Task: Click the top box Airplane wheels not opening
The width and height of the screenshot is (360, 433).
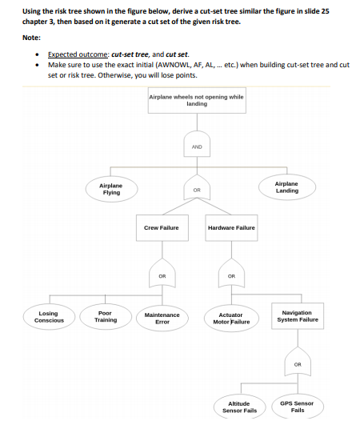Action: [197, 101]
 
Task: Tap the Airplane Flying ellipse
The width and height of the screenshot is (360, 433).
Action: [111, 189]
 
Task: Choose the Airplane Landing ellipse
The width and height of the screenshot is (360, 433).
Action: [286, 188]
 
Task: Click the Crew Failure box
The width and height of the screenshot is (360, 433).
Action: [161, 228]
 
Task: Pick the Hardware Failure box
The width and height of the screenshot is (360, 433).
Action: [231, 228]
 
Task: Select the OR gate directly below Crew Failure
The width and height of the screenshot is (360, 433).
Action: [161, 275]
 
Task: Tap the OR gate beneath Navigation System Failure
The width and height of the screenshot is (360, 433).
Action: [298, 363]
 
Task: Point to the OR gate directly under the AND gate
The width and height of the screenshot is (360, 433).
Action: [197, 189]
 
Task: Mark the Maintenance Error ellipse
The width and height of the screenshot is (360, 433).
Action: [161, 319]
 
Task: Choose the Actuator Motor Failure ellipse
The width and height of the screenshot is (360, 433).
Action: [230, 319]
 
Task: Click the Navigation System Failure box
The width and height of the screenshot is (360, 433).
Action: [298, 316]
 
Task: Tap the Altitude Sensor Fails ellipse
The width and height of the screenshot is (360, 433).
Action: [239, 407]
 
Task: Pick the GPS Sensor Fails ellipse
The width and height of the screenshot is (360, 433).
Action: [298, 407]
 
